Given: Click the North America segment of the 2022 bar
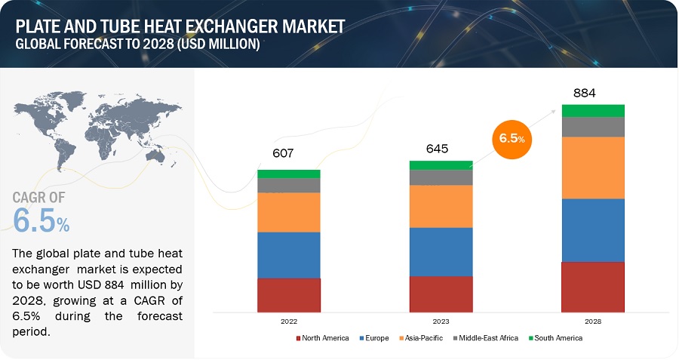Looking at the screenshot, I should pyautogui.click(x=289, y=295).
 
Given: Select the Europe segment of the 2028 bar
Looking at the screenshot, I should pyautogui.click(x=593, y=230).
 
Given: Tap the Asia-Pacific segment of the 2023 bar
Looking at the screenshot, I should pyautogui.click(x=441, y=206).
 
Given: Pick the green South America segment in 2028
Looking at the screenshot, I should pyautogui.click(x=593, y=110).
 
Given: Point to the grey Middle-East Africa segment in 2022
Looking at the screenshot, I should pyautogui.click(x=289, y=185).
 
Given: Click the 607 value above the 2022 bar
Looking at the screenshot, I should pyautogui.click(x=283, y=153).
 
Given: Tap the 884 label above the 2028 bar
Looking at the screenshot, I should pyautogui.click(x=584, y=93).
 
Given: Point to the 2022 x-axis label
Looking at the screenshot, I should pyautogui.click(x=289, y=321).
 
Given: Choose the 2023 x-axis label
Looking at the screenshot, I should pyautogui.click(x=441, y=321).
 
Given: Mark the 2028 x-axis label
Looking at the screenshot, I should pyautogui.click(x=593, y=321).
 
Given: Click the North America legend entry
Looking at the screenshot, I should pyautogui.click(x=323, y=338).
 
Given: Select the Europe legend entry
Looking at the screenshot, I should pyautogui.click(x=374, y=338).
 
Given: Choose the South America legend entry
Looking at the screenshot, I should pyautogui.click(x=555, y=338).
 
